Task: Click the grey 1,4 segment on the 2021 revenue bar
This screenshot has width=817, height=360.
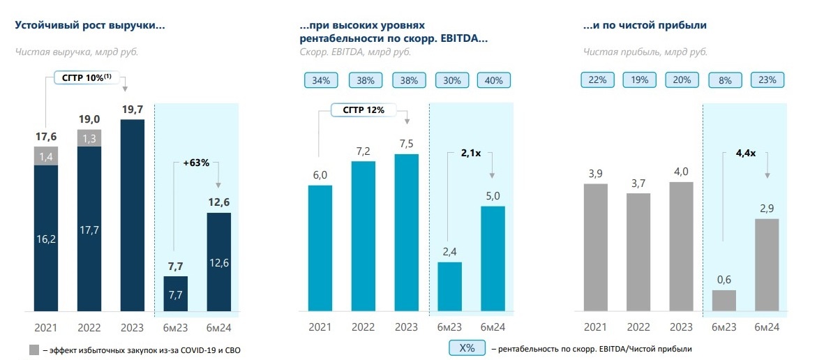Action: (x=46, y=156)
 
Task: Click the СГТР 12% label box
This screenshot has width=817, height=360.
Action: (x=359, y=110)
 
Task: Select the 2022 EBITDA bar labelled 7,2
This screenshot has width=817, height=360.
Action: (x=363, y=236)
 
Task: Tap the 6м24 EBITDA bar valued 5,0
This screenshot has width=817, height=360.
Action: (x=493, y=258)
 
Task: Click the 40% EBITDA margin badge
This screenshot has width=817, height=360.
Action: (x=493, y=80)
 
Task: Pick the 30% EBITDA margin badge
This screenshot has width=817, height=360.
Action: (x=451, y=80)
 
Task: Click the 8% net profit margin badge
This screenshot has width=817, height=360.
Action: (x=724, y=80)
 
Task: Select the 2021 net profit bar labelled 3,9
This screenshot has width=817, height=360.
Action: (x=596, y=247)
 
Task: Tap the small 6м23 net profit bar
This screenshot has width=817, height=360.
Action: (x=724, y=300)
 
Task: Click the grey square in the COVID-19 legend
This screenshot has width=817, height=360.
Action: (x=34, y=349)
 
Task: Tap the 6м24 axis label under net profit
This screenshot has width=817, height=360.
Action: (x=767, y=327)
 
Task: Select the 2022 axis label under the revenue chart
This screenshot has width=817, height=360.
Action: (x=89, y=327)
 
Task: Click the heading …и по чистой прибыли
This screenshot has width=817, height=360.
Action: (x=645, y=25)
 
